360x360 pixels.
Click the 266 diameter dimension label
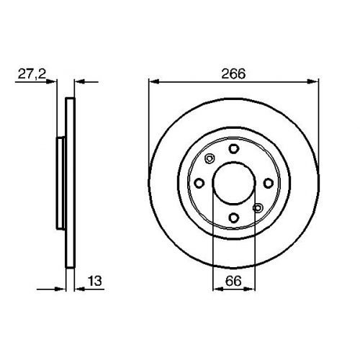233,73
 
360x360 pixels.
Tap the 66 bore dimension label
233,281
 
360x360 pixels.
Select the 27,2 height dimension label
32,74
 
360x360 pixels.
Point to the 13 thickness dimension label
95,281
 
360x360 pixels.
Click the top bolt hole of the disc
233,149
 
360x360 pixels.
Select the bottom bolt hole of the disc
233,217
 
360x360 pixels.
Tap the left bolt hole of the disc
199,184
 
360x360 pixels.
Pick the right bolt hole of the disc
268,184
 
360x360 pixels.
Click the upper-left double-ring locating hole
210,158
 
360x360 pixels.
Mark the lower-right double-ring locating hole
258,208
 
